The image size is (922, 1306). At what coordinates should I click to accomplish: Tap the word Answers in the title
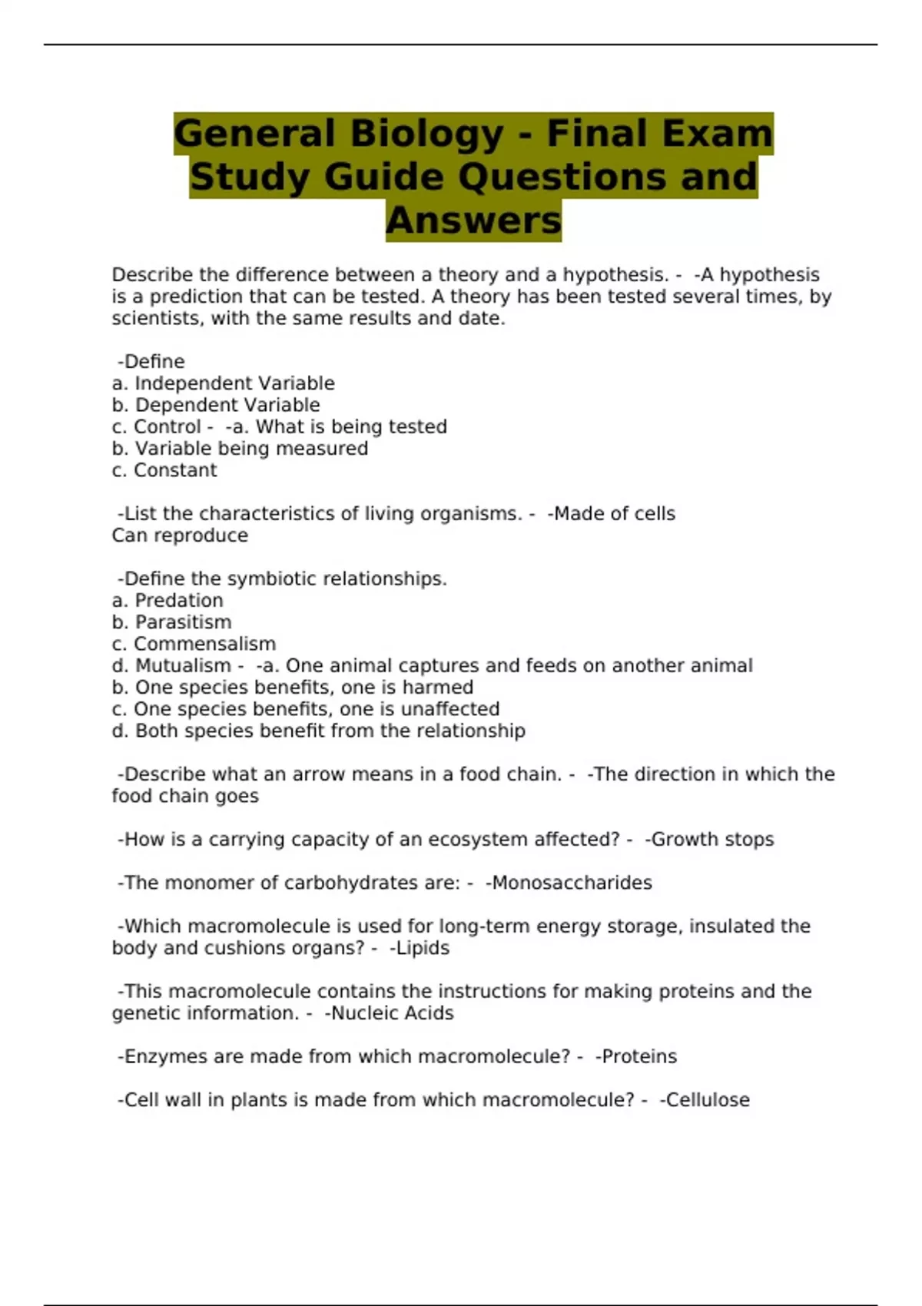coord(473,220)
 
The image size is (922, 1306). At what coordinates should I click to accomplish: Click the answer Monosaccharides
coord(572,883)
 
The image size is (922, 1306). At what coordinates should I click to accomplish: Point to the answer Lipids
coord(422,948)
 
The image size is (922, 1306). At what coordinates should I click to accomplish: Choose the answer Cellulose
coord(707,1100)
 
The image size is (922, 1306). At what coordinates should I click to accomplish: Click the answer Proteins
coord(639,1056)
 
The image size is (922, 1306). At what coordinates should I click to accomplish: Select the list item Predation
coord(179,601)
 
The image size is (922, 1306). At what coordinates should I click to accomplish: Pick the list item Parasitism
coord(183,622)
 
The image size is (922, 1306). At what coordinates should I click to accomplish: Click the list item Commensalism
coord(204,644)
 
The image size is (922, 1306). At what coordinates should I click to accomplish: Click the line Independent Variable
coord(234,383)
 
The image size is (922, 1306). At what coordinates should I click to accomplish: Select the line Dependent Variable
coord(227,405)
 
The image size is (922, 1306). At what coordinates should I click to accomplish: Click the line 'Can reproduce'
coord(180,535)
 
